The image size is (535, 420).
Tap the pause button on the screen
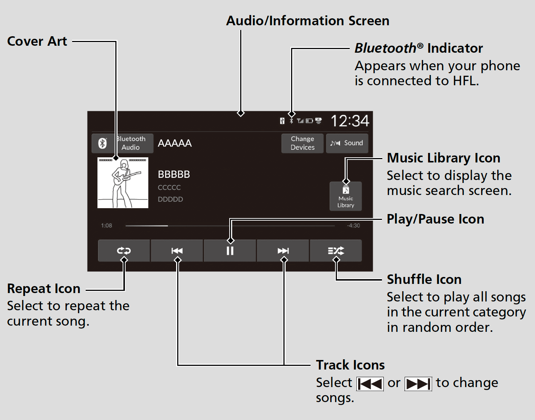coord(230,251)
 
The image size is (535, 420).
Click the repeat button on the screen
coord(124,251)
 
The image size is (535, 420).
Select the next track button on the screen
coord(283,251)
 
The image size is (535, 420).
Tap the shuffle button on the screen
coord(336,251)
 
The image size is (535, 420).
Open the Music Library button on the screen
coord(346,196)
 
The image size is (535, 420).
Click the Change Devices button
coord(302,143)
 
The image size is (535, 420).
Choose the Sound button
coord(347,143)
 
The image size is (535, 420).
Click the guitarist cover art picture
coord(123,183)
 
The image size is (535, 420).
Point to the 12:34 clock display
coord(350,121)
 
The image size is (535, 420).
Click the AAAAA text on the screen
coord(175,143)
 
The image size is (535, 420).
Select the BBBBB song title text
coord(174,175)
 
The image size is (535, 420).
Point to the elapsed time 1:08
coord(106,225)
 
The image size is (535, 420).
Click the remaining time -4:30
coord(353,225)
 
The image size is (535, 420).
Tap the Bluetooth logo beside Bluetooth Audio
coord(103,143)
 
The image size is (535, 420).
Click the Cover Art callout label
coord(37,41)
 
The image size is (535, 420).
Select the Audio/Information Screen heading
coord(308,20)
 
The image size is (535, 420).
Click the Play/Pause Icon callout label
coord(435,219)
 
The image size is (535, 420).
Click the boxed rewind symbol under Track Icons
coord(370,384)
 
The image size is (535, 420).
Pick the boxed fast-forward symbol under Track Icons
coord(418,384)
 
